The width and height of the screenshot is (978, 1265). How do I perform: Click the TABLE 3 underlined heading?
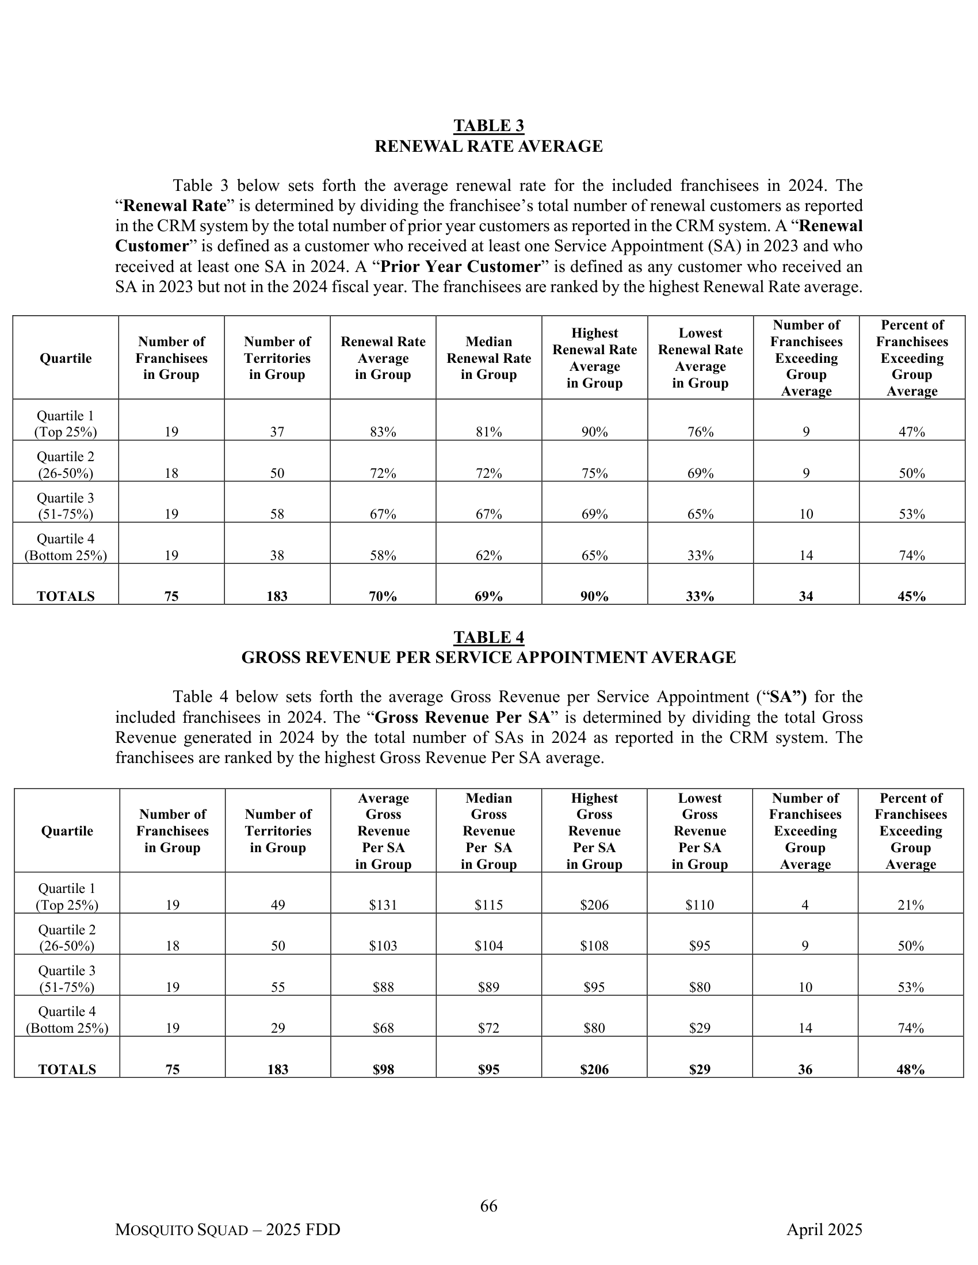click(488, 126)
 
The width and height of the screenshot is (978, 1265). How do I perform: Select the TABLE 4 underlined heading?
click(488, 637)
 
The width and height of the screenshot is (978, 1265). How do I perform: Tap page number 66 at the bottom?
click(488, 1205)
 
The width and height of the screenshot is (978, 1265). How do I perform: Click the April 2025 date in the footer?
click(824, 1229)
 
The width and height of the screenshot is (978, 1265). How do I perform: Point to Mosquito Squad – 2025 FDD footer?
click(228, 1229)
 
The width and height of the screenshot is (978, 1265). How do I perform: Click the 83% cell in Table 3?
click(383, 432)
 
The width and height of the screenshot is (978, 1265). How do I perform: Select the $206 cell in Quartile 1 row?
click(594, 904)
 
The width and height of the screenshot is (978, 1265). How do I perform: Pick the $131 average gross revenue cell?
click(383, 904)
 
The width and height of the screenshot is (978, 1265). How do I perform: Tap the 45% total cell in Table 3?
click(911, 597)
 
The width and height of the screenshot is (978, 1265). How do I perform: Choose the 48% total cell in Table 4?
click(910, 1069)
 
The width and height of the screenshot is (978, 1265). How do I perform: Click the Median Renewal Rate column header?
click(488, 358)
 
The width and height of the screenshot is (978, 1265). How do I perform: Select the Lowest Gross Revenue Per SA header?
click(700, 831)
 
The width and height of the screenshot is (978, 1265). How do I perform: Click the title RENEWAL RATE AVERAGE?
click(488, 147)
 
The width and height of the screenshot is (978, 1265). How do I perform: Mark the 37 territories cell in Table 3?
click(277, 432)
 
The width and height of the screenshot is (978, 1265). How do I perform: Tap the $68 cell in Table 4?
click(383, 1028)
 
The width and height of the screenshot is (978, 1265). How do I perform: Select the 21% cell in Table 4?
click(910, 904)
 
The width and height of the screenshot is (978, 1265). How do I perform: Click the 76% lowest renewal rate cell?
click(700, 432)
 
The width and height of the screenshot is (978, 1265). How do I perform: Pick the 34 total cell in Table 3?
click(806, 597)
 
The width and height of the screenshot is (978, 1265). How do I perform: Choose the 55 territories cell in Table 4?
click(277, 987)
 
